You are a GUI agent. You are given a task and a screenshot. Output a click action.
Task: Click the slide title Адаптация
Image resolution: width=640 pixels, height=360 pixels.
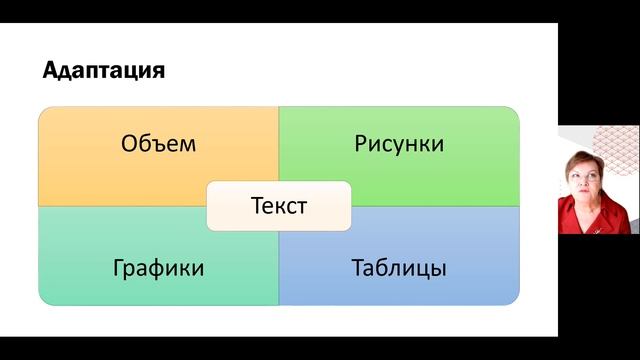(x=104, y=72)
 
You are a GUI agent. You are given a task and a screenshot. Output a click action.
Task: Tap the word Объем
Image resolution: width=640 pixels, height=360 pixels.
(x=158, y=143)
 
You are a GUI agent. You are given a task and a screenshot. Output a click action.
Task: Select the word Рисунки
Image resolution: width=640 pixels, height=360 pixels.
(x=398, y=143)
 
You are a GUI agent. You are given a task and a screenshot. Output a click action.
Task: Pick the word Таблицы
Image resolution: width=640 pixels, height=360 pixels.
(x=398, y=268)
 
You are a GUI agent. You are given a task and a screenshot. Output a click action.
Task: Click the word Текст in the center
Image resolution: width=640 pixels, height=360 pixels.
(x=278, y=206)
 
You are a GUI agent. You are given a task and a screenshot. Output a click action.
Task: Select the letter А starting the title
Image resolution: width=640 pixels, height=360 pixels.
(x=50, y=72)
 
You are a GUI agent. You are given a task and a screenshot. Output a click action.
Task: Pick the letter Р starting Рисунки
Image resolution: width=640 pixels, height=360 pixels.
(x=360, y=143)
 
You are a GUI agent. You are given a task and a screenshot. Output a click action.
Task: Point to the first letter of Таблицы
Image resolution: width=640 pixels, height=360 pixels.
(x=357, y=268)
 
